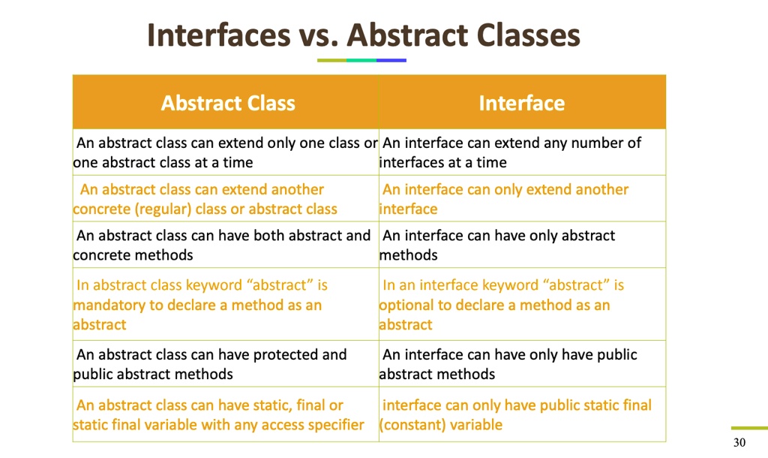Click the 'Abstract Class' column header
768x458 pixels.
tap(228, 103)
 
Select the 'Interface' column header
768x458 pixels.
tap(522, 103)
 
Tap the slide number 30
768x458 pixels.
tap(739, 442)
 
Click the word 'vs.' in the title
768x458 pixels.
tap(319, 35)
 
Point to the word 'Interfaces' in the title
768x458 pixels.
tap(219, 35)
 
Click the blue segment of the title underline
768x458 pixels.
tap(391, 60)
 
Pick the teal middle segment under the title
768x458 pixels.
tap(361, 60)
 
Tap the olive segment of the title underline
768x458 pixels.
tap(332, 60)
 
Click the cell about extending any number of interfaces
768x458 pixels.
tap(522, 152)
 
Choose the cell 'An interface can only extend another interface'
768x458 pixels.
tap(522, 199)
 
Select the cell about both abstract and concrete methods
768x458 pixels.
tap(226, 245)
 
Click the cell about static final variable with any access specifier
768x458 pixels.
tap(226, 414)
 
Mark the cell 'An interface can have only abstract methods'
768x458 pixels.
tap(522, 245)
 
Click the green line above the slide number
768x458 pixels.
tap(749, 428)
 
